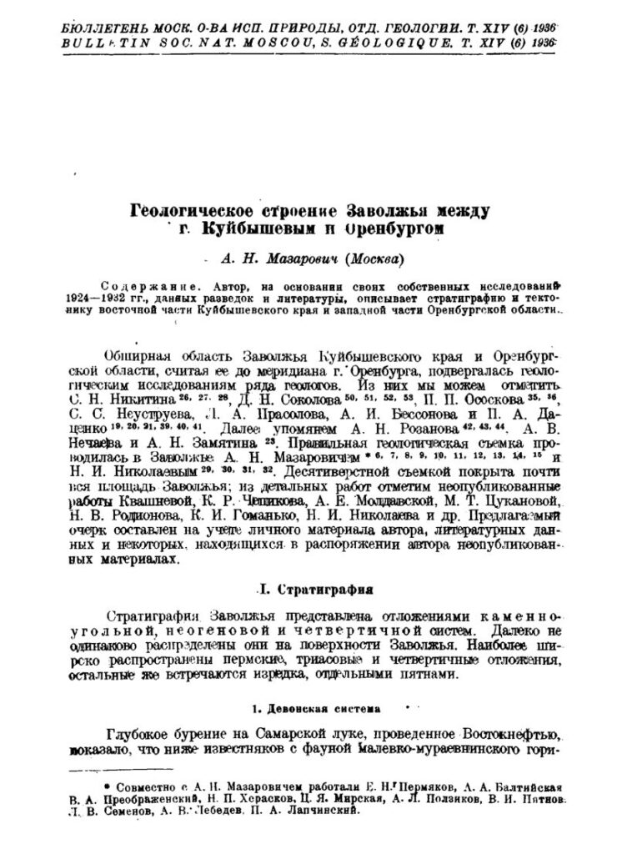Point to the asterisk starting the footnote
(106, 785)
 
